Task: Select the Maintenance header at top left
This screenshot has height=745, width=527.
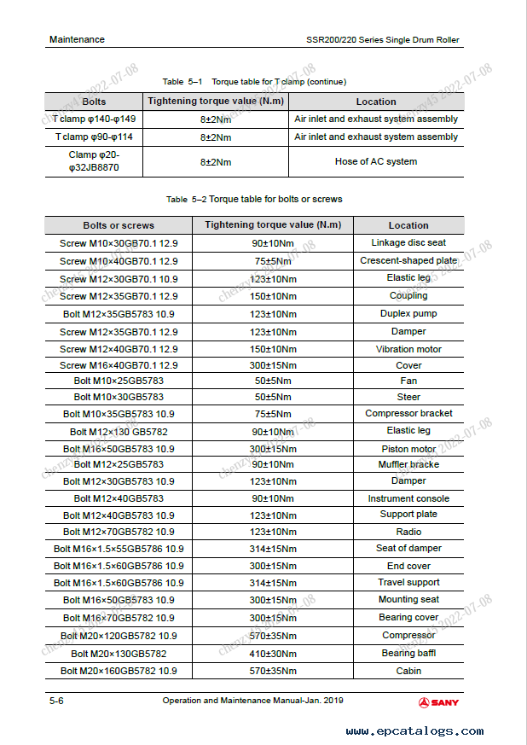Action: pyautogui.click(x=77, y=39)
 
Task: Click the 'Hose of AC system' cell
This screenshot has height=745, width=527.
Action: pyautogui.click(x=376, y=161)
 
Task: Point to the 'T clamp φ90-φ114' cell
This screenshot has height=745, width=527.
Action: pyautogui.click(x=95, y=137)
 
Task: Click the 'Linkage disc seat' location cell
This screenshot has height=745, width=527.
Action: pyautogui.click(x=408, y=243)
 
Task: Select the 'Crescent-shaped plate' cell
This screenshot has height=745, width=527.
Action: pyautogui.click(x=408, y=261)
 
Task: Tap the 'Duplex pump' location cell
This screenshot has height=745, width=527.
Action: pyautogui.click(x=408, y=313)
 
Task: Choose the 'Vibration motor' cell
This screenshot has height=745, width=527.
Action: pyautogui.click(x=408, y=349)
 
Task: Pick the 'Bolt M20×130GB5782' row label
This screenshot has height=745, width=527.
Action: pyautogui.click(x=119, y=653)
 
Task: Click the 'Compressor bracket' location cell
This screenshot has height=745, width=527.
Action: pyautogui.click(x=408, y=413)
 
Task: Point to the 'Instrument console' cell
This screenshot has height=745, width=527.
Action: pyautogui.click(x=408, y=498)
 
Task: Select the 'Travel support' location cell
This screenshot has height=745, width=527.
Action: pyautogui.click(x=408, y=582)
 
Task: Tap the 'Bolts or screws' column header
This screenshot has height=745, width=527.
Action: pyautogui.click(x=119, y=225)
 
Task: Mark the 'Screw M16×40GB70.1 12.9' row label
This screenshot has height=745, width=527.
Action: pyautogui.click(x=119, y=365)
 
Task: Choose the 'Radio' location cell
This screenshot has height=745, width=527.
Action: pyautogui.click(x=408, y=532)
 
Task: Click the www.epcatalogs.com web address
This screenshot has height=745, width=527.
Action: pyautogui.click(x=415, y=730)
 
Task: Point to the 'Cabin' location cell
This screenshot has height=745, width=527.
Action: pyautogui.click(x=408, y=671)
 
